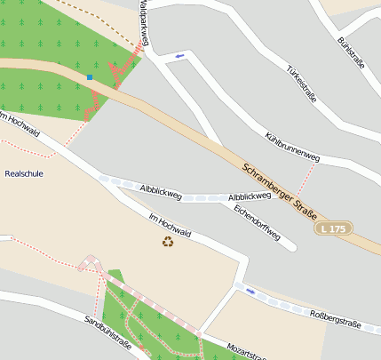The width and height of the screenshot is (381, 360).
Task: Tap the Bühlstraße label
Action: [352, 54]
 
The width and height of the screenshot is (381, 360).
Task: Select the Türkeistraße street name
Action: [302, 84]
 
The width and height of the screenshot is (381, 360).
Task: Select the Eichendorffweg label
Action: [257, 223]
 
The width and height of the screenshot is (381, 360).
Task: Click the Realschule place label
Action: [24, 173]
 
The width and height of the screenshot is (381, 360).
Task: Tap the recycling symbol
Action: [167, 241]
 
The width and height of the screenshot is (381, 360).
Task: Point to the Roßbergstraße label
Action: [335, 319]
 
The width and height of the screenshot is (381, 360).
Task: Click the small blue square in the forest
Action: [90, 77]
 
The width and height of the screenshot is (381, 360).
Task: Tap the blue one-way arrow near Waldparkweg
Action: [180, 56]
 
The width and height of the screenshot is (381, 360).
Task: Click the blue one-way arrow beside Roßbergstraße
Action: [250, 291]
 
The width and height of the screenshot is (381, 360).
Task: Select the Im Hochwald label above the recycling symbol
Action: [170, 224]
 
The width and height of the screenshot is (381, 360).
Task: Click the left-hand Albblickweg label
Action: [161, 189]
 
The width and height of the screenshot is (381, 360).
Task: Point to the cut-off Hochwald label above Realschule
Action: [20, 125]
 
